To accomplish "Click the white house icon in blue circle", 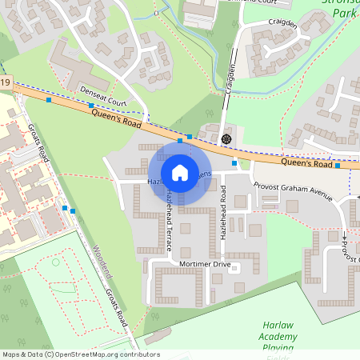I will coord(180,172).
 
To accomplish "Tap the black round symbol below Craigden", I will coord(226,138).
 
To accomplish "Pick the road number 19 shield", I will coord(6,82).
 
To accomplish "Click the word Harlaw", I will coord(278,326).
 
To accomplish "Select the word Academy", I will coord(279,338).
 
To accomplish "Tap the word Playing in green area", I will coord(279,349).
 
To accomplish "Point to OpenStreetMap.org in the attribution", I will coord(94,354).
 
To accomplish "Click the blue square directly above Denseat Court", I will coord(91,106).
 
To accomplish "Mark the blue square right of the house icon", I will coord(234,163).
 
